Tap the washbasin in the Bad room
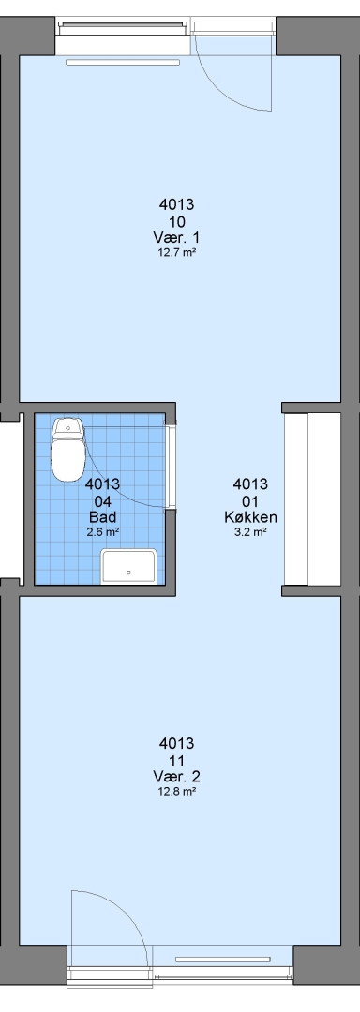129,567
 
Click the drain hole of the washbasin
129,573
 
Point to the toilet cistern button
67,428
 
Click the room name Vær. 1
177,237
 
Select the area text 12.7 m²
177,252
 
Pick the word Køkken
251,517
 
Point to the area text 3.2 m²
251,532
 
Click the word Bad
102,517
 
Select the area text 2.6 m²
102,532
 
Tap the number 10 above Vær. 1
177,221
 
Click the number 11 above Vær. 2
177,760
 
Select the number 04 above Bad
102,500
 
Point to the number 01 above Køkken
251,500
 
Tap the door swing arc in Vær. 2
126,907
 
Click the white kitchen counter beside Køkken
312,499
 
